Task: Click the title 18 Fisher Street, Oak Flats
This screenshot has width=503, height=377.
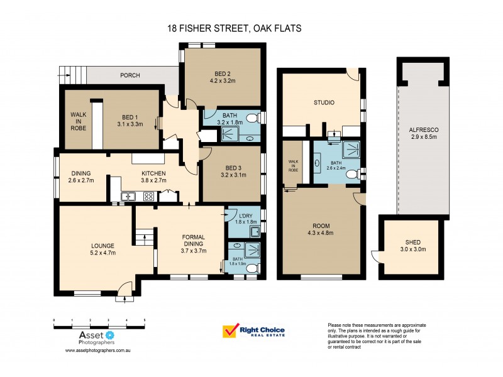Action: click(x=234, y=28)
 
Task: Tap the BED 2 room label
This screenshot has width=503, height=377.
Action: click(x=222, y=73)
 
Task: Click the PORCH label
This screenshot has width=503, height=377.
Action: click(x=130, y=75)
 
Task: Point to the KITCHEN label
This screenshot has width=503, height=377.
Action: click(x=153, y=173)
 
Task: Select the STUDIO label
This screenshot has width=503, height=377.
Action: click(x=324, y=102)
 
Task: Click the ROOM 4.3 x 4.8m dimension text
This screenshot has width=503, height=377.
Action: click(x=321, y=233)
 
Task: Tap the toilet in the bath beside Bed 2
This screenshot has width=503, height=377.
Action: click(x=251, y=117)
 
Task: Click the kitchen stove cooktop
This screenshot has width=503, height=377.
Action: click(x=149, y=196)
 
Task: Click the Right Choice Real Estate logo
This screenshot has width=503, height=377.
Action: click(x=254, y=331)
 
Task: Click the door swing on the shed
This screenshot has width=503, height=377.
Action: click(x=375, y=256)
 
